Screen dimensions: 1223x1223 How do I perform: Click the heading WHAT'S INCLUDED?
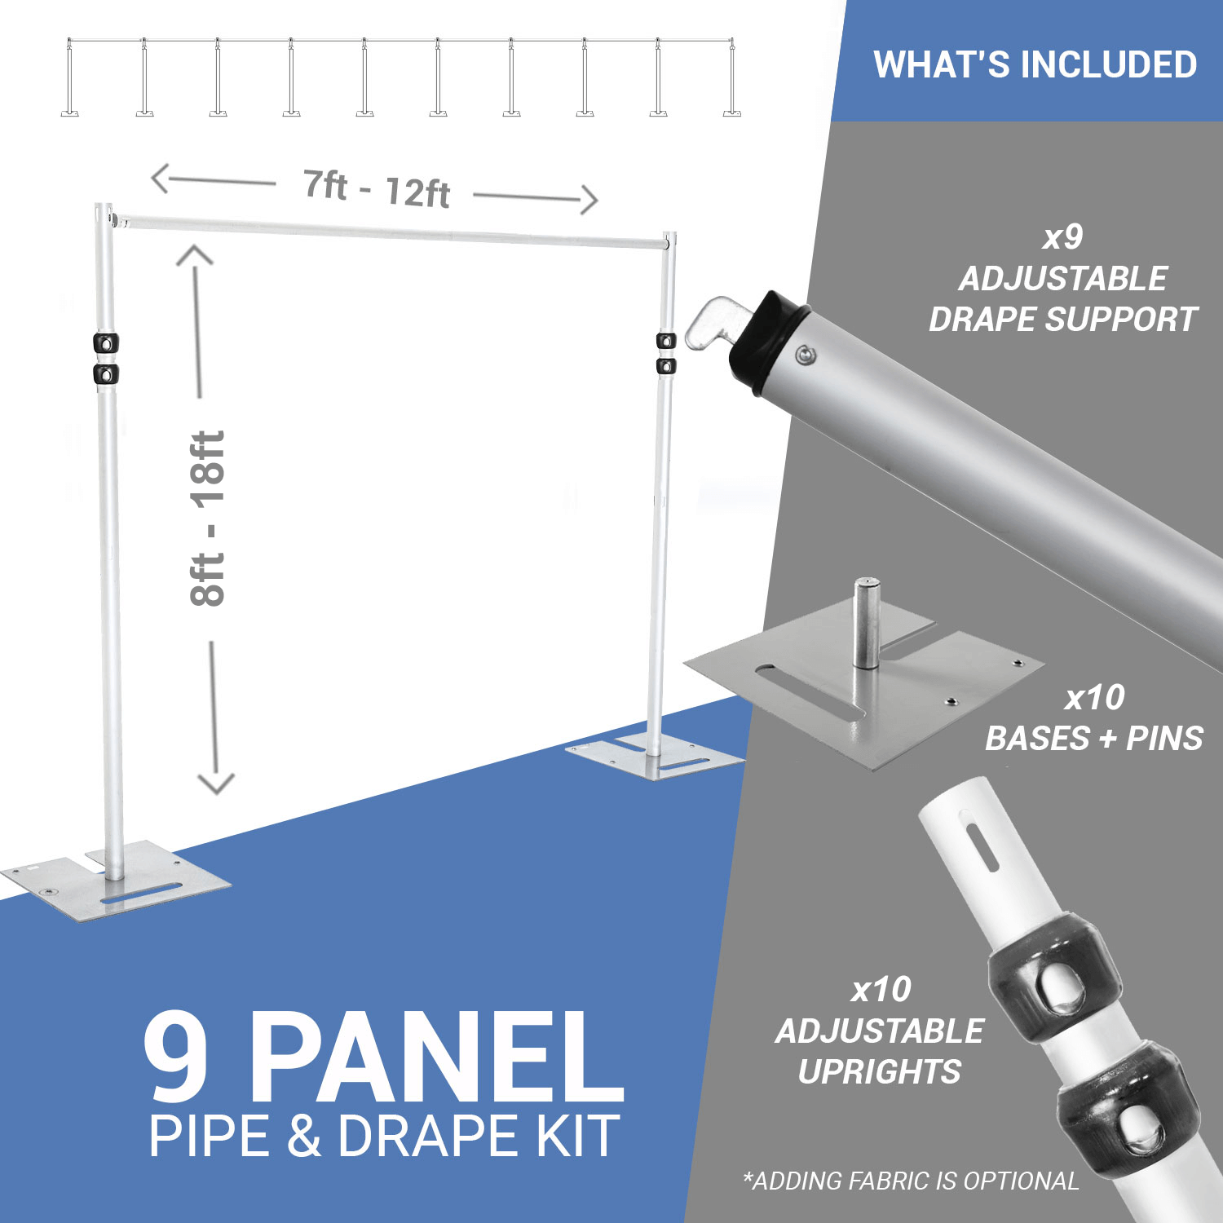(x=1035, y=64)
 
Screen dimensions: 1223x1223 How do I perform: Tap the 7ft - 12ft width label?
(x=377, y=189)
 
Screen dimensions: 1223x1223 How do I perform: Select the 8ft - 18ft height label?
(x=208, y=518)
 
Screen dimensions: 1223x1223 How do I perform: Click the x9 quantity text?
(x=1062, y=237)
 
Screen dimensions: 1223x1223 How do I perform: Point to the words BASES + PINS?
(x=1094, y=738)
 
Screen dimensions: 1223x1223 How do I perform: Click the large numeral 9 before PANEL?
(x=177, y=1057)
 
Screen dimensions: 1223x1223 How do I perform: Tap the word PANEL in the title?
(x=436, y=1057)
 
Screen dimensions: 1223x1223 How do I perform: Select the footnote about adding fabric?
(x=911, y=1181)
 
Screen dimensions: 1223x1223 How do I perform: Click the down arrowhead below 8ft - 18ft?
(x=216, y=783)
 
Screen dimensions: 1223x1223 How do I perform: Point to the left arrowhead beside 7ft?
(x=161, y=179)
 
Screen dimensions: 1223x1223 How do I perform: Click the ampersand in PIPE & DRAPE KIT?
(x=303, y=1136)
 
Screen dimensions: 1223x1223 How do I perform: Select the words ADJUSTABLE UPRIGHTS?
(x=880, y=1051)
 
